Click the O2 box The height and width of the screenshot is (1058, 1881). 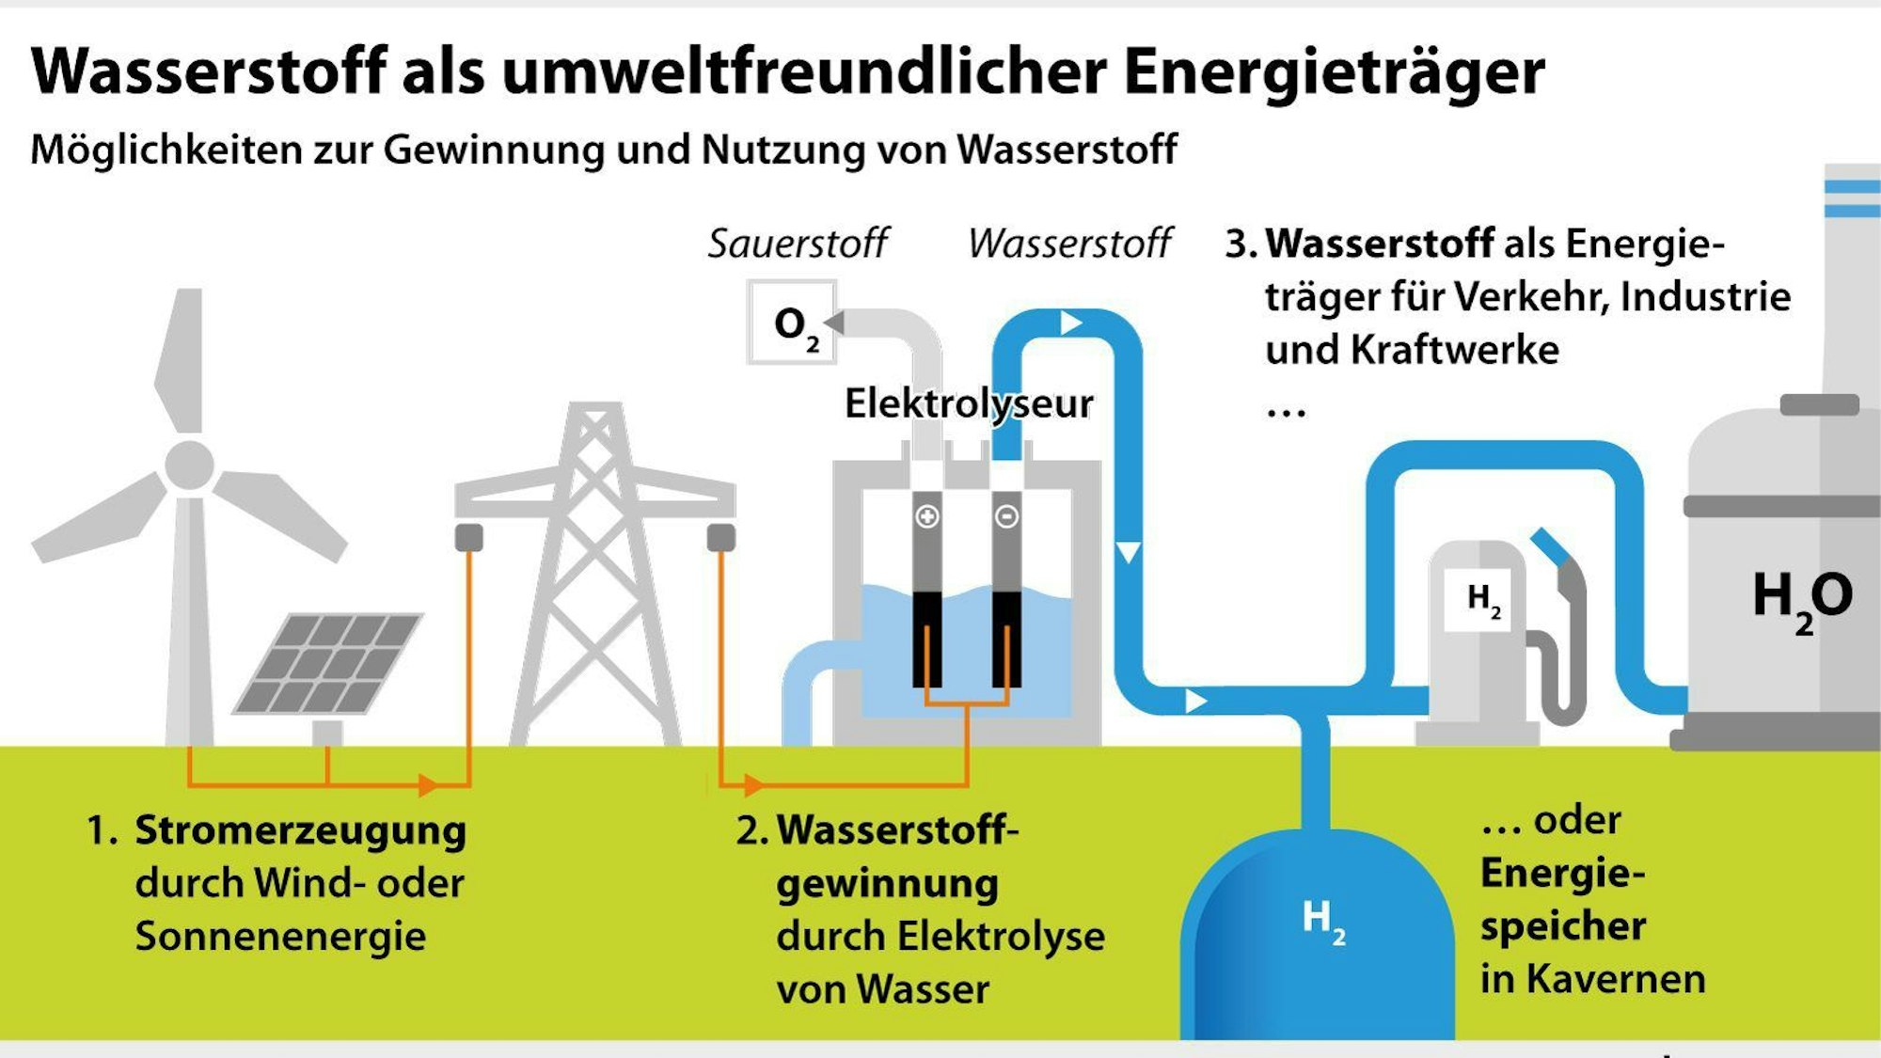(791, 322)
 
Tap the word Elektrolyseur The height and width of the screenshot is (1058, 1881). (969, 403)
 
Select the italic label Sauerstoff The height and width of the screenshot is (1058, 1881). (798, 243)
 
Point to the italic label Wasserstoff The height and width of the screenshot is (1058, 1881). (1069, 243)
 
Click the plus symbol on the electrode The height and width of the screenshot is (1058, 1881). (927, 516)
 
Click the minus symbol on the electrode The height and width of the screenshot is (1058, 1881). (1006, 516)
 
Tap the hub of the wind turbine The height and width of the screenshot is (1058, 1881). (189, 465)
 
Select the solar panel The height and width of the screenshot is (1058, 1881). (327, 663)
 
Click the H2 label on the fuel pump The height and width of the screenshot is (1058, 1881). (1484, 600)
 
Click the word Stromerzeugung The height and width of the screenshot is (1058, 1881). (301, 831)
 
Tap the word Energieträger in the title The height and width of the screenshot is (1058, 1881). (1334, 71)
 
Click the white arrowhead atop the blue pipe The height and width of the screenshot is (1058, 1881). (1071, 323)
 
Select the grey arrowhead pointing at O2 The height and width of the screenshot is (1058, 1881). (833, 322)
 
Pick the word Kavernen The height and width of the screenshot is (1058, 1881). (1616, 979)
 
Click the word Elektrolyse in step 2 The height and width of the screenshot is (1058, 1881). (1001, 937)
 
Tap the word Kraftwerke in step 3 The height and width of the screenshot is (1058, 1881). (1454, 350)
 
